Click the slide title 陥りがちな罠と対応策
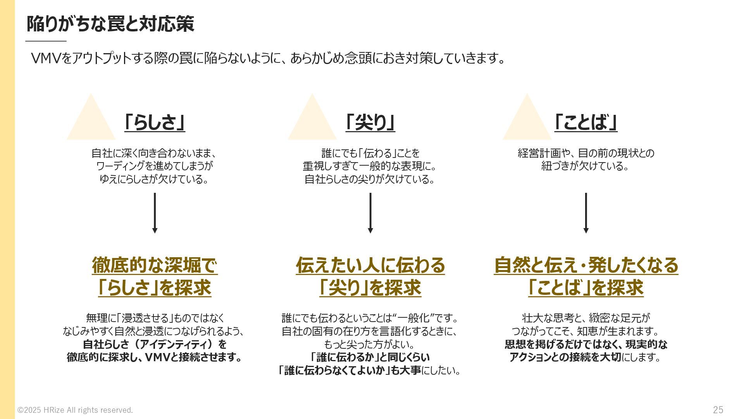click(110, 24)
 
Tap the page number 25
click(718, 410)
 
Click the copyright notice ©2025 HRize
click(75, 410)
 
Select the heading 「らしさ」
click(155, 123)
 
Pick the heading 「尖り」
click(370, 123)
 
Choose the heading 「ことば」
click(586, 123)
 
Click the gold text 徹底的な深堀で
click(155, 265)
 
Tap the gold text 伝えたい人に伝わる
click(370, 265)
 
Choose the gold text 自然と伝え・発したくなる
click(586, 265)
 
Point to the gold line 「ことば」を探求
click(586, 288)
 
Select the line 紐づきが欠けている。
click(585, 166)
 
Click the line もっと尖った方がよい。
click(370, 344)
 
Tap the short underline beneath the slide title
click(46, 41)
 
